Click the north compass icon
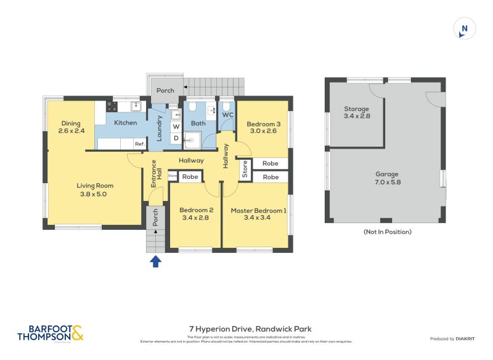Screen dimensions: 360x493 click(465, 28)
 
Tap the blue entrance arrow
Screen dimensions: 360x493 click(156, 261)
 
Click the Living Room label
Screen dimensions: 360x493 click(95, 189)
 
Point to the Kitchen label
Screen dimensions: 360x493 click(125, 123)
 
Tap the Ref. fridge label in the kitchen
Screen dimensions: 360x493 click(139, 144)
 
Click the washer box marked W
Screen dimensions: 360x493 click(175, 126)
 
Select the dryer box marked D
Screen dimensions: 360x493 click(175, 138)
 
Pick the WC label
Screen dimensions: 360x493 click(227, 115)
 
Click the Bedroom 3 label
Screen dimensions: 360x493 click(264, 127)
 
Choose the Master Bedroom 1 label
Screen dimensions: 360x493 click(258, 214)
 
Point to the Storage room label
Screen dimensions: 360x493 click(356, 112)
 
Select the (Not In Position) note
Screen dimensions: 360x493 click(388, 232)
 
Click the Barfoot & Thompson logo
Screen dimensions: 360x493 click(50, 333)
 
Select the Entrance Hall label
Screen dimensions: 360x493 click(156, 179)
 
